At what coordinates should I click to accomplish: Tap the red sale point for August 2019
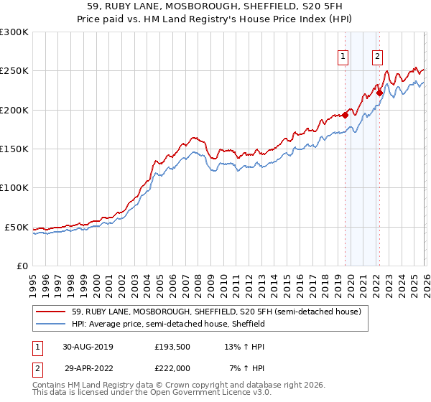coord(345,115)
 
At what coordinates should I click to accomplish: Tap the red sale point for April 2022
coord(379,93)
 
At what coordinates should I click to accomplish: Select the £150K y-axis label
coord(14,149)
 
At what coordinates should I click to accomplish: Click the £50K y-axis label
coord(17,228)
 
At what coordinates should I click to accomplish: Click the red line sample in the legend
coord(51,312)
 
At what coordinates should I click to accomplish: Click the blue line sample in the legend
coord(51,324)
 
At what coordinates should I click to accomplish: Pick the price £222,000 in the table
coord(172,367)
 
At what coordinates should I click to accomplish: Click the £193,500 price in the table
coord(172,346)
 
